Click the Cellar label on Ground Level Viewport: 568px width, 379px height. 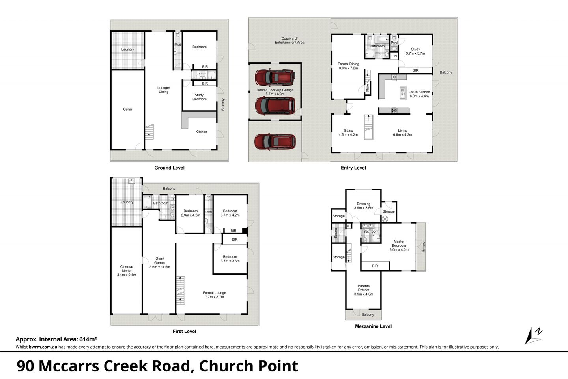[127, 109]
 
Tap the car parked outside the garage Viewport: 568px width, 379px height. [275, 141]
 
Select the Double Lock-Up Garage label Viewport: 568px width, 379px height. [275, 90]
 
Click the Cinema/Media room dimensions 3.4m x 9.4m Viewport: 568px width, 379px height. [127, 275]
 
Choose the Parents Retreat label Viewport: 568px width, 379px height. [363, 288]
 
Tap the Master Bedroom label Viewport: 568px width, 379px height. [399, 243]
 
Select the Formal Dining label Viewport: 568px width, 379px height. [348, 64]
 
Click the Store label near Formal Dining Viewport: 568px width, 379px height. [368, 88]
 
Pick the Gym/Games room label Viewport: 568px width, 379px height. [160, 261]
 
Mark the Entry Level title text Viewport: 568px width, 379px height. [353, 168]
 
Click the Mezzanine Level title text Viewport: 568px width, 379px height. [373, 326]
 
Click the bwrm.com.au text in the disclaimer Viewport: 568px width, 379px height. [43, 347]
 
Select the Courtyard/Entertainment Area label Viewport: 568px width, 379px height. [290, 40]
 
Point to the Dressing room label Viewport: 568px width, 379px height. [363, 204]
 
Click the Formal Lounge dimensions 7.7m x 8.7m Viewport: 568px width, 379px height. [214, 297]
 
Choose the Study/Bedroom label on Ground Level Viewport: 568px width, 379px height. [199, 97]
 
